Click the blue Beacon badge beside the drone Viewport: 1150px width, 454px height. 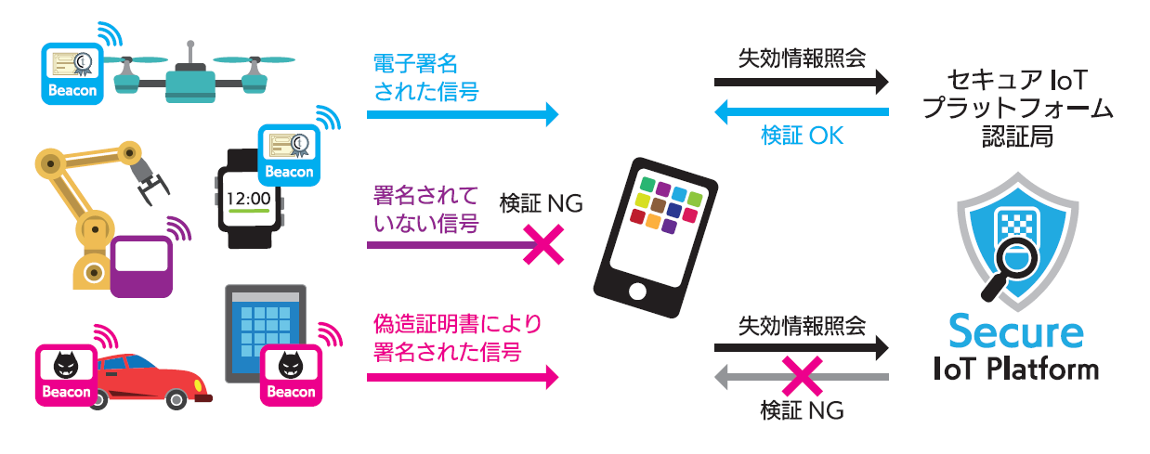pos(70,72)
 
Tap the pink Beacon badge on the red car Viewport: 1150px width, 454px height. pos(65,375)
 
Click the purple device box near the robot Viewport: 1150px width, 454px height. pos(141,266)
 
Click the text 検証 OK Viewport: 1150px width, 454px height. pos(802,136)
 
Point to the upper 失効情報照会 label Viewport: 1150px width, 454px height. pos(802,58)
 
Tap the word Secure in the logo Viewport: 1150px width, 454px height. pos(1015,331)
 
